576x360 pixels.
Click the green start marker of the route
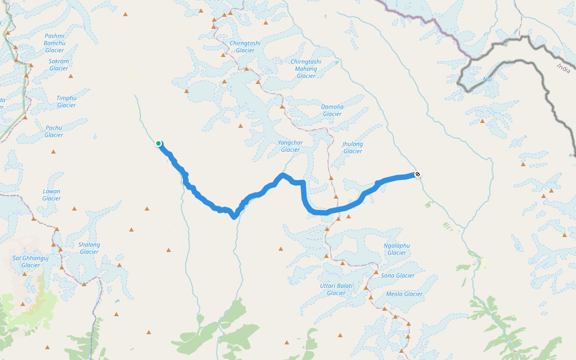(158, 143)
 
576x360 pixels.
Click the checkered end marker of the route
(418, 175)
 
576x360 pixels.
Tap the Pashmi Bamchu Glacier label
(55, 43)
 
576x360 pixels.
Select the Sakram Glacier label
(59, 65)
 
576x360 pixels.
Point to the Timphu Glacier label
(67, 101)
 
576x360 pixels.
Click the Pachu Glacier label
(53, 131)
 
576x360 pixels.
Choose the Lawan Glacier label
(52, 195)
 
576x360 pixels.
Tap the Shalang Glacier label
(89, 248)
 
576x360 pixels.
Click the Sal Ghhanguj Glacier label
(31, 262)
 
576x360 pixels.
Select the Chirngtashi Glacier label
(245, 47)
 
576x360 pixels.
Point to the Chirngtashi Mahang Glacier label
(305, 69)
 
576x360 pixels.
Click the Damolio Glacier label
(332, 110)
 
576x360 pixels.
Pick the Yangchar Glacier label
(290, 146)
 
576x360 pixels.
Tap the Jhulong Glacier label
(353, 148)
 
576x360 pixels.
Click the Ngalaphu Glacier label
(397, 249)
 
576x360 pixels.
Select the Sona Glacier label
(398, 275)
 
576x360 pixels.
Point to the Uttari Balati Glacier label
(336, 289)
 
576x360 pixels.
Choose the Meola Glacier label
(404, 294)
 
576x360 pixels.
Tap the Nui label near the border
(488, 79)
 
